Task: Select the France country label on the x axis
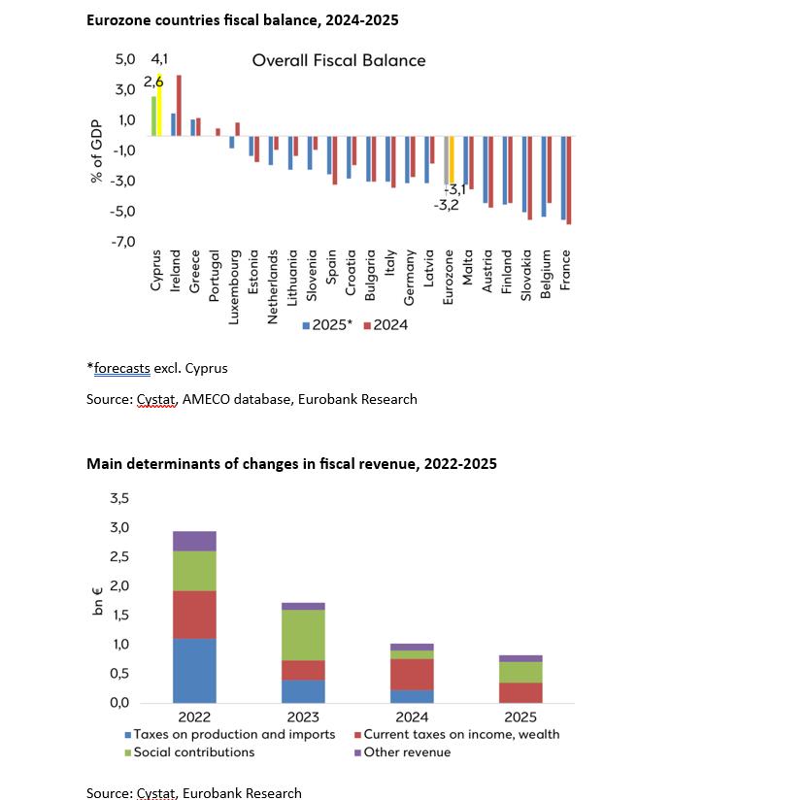565,269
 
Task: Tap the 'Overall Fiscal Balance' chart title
339,60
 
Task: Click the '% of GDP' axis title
97,150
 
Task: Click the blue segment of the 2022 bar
194,670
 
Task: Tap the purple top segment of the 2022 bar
194,541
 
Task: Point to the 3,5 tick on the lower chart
119,498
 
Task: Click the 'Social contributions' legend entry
194,751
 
